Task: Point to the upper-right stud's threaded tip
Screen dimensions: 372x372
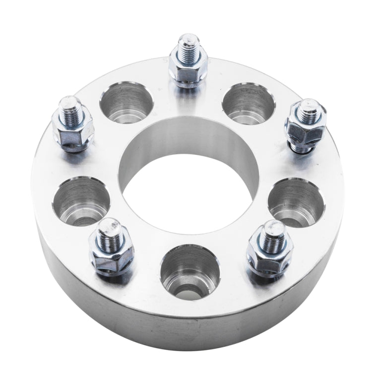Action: pyautogui.click(x=309, y=110)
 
